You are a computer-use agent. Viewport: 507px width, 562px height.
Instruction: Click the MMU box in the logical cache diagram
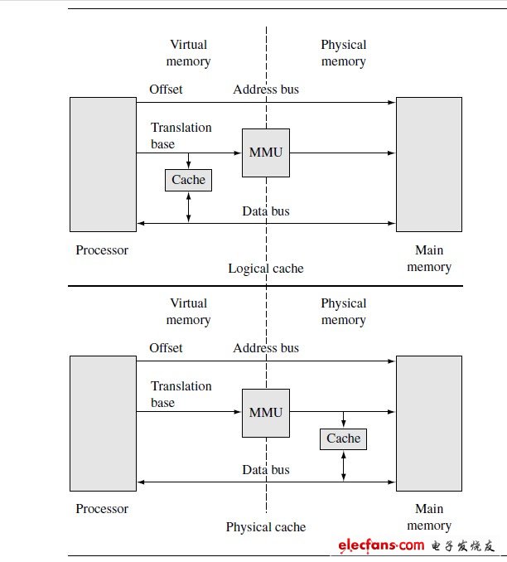click(x=266, y=153)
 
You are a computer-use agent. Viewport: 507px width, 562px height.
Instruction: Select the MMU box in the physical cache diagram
click(x=266, y=413)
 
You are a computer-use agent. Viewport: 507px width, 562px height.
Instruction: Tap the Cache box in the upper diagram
click(x=188, y=180)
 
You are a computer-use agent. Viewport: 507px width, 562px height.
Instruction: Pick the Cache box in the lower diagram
click(x=343, y=439)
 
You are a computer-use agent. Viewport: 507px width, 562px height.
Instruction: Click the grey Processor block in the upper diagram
click(x=104, y=164)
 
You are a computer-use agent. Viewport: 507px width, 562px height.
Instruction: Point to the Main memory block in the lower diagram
click(x=429, y=424)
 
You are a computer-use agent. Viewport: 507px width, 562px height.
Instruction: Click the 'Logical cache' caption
click(x=266, y=269)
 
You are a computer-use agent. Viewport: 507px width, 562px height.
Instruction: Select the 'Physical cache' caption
click(x=266, y=527)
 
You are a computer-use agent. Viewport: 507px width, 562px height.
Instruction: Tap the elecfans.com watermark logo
click(x=417, y=545)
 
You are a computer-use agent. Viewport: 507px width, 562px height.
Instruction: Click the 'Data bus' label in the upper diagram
click(x=266, y=211)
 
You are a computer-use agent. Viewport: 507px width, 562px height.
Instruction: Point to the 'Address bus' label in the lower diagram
click(x=266, y=348)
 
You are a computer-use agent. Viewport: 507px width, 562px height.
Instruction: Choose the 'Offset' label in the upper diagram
click(x=166, y=90)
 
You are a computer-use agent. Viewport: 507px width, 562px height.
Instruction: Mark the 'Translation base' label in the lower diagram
click(x=181, y=395)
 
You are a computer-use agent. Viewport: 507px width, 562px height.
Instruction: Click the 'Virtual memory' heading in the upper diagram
click(x=188, y=53)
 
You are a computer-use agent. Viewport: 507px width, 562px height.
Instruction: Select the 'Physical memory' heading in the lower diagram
click(x=344, y=312)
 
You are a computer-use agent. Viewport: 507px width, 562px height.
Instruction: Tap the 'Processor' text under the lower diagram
click(x=102, y=509)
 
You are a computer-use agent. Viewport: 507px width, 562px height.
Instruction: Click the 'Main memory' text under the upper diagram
click(x=429, y=259)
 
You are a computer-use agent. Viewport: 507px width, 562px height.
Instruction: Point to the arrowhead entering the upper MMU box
click(x=238, y=153)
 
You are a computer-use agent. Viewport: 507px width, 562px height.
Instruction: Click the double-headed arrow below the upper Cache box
click(x=188, y=207)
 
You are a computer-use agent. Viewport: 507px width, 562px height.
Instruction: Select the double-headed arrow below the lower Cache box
click(x=343, y=466)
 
